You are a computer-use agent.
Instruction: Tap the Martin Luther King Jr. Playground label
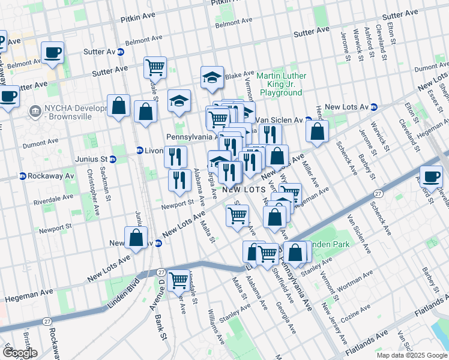281,85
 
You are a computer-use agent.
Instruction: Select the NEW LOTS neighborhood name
244,189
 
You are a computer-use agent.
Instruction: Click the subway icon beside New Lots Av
375,107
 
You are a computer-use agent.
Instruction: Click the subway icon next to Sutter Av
121,52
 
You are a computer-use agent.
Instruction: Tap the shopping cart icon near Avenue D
178,280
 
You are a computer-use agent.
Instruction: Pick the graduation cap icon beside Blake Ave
212,78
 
